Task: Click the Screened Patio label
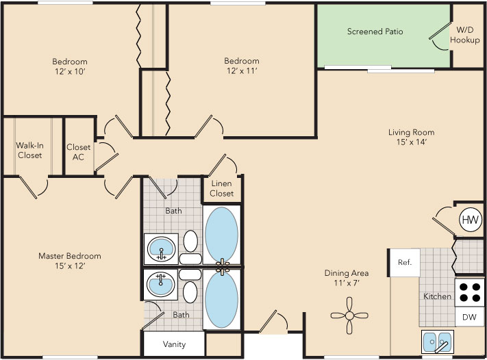[375, 31]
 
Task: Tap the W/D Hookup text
[464, 36]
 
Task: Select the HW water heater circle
[470, 220]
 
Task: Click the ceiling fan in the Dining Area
[350, 315]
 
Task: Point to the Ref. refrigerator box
[404, 263]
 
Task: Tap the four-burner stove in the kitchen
[470, 292]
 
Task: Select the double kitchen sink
[436, 341]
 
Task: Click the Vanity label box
[174, 344]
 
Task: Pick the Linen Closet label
[222, 189]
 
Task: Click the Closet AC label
[79, 151]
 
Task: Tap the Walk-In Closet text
[29, 151]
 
